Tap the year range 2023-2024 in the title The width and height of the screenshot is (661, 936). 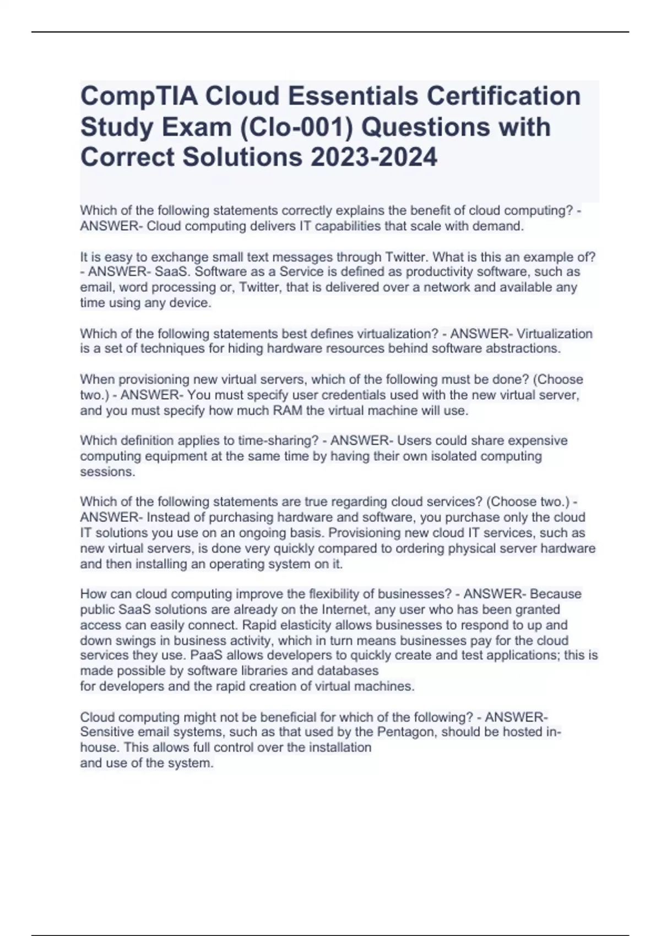374,157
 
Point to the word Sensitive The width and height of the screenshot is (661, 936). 107,732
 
